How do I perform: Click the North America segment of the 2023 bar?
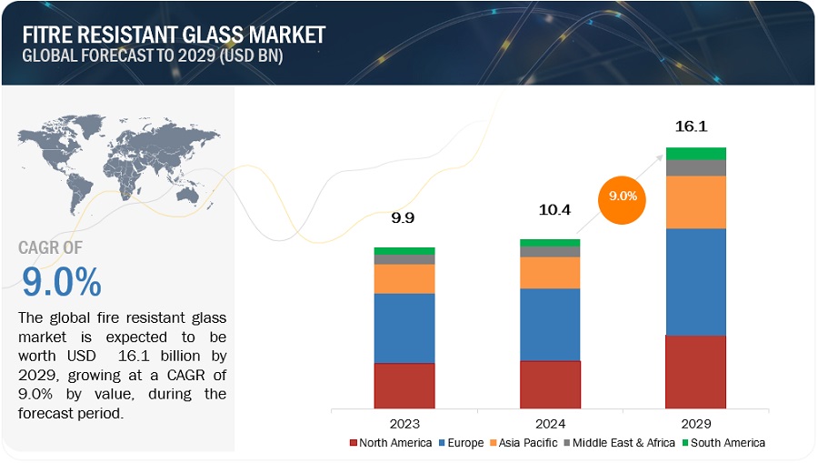click(x=404, y=385)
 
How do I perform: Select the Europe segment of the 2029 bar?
click(x=695, y=281)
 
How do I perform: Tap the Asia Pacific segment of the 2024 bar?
click(x=550, y=272)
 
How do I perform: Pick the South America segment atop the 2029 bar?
click(x=695, y=153)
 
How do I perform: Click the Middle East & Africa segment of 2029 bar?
click(x=695, y=167)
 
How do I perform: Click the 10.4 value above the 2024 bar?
click(x=550, y=211)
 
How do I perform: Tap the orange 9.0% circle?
click(x=622, y=196)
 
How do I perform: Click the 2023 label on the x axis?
click(x=404, y=423)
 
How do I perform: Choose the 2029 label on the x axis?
click(x=695, y=423)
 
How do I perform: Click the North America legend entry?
click(x=392, y=443)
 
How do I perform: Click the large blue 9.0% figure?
click(x=60, y=283)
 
